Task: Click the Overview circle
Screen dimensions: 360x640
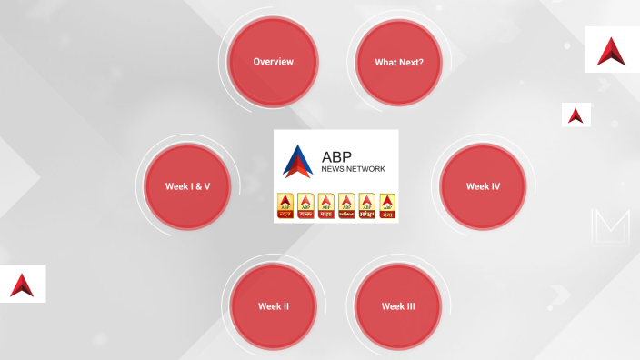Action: click(x=273, y=62)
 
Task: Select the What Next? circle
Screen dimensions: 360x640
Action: click(x=399, y=63)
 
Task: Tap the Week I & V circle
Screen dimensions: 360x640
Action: click(x=188, y=186)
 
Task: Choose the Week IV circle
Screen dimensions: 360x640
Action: click(x=483, y=186)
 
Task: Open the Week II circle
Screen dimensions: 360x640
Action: click(x=273, y=306)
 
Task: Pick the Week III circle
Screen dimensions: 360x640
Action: click(x=398, y=306)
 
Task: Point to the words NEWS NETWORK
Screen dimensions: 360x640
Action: click(x=354, y=169)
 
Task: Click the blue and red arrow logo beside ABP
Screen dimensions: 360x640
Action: click(x=297, y=161)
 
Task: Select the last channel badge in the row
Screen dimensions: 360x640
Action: click(x=388, y=206)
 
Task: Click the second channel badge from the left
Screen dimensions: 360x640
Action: click(x=305, y=206)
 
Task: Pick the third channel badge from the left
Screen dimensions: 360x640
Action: click(x=326, y=206)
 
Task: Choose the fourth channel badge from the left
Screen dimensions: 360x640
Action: click(x=346, y=206)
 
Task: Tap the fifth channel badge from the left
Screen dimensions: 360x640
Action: click(x=367, y=206)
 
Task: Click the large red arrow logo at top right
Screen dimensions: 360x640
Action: click(x=611, y=51)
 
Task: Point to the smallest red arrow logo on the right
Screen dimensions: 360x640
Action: click(x=575, y=115)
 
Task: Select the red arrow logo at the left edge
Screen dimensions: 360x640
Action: click(x=22, y=285)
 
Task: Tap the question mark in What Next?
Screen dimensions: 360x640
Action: click(x=420, y=63)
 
